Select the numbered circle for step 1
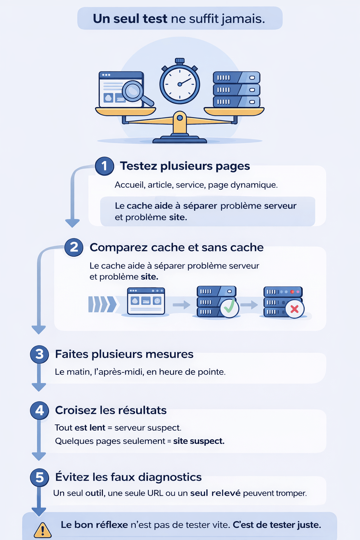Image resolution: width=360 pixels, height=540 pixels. click(x=104, y=166)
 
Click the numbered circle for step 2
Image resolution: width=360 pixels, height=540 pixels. click(x=74, y=247)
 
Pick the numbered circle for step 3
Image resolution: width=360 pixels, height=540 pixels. click(x=39, y=354)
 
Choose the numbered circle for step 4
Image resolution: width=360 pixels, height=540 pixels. click(x=39, y=410)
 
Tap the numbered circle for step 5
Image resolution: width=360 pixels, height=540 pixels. click(x=39, y=477)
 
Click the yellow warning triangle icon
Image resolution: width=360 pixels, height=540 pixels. click(x=43, y=530)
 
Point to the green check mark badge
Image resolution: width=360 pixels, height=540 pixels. click(x=229, y=307)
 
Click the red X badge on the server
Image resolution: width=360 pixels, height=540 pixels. click(x=295, y=309)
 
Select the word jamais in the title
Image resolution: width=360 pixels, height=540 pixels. click(x=243, y=19)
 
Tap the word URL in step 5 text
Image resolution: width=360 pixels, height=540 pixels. click(x=155, y=493)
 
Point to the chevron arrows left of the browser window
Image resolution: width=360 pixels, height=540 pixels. click(x=102, y=304)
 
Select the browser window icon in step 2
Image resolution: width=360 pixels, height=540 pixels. click(x=146, y=301)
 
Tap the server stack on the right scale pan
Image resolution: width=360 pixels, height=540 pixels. click(x=237, y=89)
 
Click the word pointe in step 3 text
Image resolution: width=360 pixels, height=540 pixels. click(x=213, y=372)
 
